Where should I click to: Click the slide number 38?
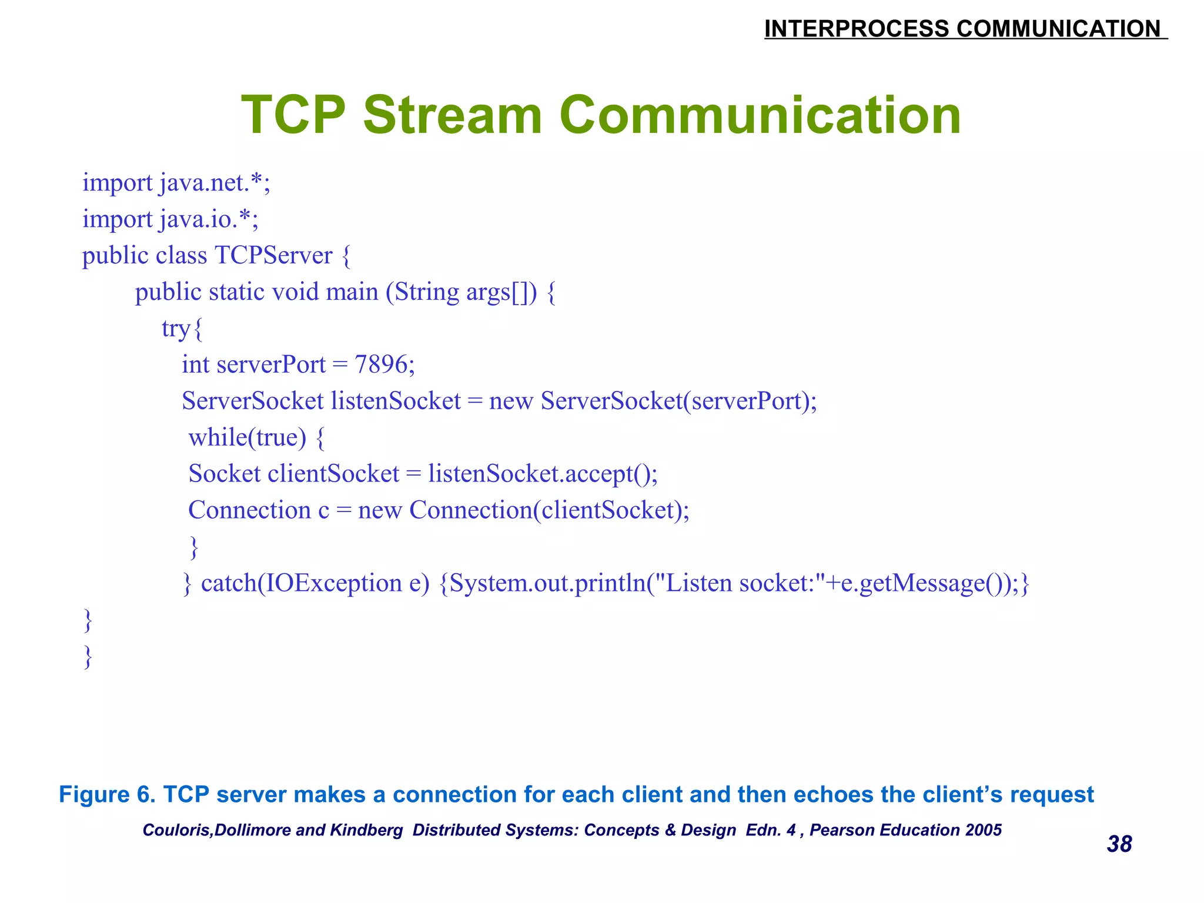[1119, 844]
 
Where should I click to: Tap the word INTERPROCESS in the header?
[856, 29]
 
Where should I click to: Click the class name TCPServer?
[273, 256]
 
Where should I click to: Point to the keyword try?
[176, 329]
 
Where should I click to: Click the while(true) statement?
[248, 437]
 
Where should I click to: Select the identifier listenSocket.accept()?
[542, 474]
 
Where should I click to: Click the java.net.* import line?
[176, 183]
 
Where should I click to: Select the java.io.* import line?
[170, 219]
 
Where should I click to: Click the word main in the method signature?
[352, 292]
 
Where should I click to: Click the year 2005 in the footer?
[984, 830]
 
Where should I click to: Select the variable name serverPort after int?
[270, 364]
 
